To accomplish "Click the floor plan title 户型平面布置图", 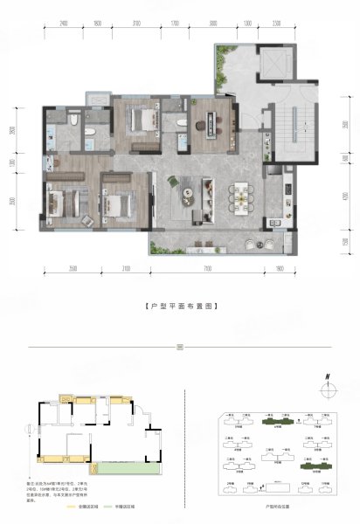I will click(x=179, y=307).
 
